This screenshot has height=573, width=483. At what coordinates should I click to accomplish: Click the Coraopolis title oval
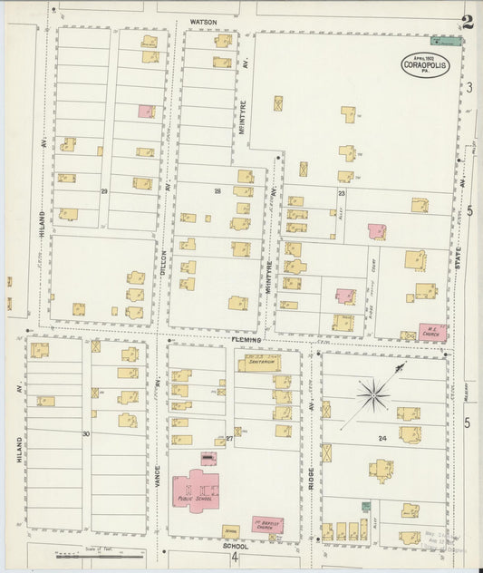426,64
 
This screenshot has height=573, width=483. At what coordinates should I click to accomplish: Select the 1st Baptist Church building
266,524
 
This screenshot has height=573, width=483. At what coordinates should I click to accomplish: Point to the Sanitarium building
259,364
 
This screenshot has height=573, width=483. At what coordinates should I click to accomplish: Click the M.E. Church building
431,332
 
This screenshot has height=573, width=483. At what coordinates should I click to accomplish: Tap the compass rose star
372,394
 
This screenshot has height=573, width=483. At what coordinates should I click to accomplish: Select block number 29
104,191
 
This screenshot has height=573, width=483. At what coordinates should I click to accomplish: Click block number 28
217,191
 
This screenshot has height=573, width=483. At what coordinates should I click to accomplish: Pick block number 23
342,193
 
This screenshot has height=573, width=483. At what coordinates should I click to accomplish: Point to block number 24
382,438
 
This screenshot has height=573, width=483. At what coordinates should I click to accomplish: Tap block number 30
86,434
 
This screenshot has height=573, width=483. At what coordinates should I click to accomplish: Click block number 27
229,440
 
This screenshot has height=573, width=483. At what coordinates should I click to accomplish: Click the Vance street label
157,471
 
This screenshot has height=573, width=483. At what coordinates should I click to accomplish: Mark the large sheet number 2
467,22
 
